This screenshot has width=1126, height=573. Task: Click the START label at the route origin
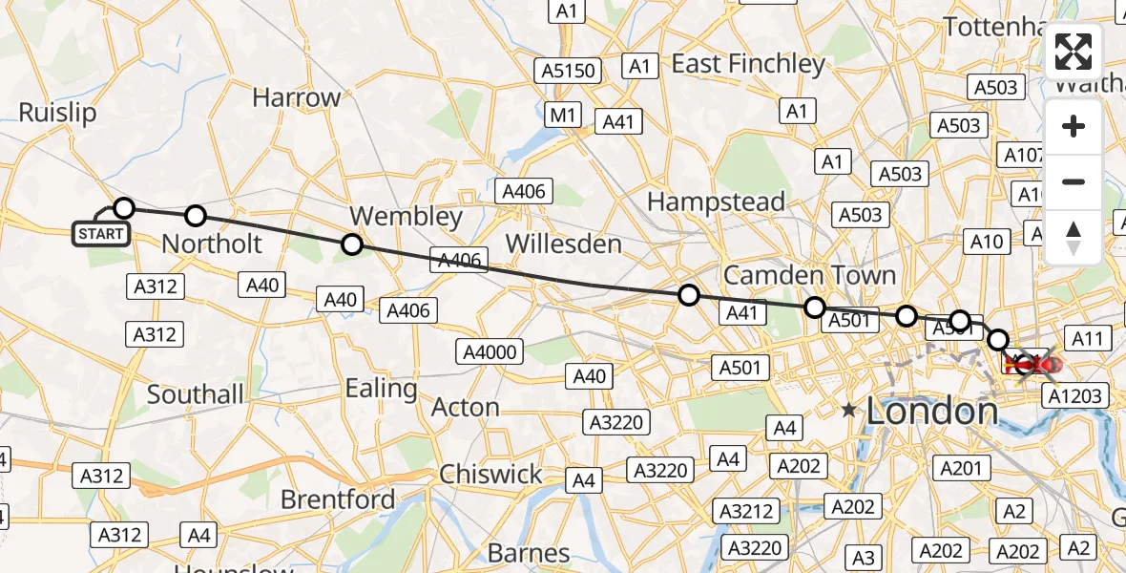click(101, 233)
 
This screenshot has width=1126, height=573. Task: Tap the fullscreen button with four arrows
click(1074, 53)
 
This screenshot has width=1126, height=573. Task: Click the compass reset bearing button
click(1074, 238)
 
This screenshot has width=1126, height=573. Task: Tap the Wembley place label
click(406, 216)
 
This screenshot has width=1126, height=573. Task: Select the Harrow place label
click(297, 97)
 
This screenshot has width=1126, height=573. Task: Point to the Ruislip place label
click(57, 113)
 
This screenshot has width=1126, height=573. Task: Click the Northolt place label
click(211, 244)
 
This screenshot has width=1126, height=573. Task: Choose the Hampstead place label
click(716, 202)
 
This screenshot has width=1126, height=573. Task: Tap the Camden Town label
click(809, 275)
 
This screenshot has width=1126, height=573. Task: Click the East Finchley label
click(748, 64)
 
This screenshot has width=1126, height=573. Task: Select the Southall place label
click(196, 393)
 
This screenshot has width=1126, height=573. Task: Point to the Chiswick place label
click(490, 475)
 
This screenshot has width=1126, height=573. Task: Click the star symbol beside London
click(848, 410)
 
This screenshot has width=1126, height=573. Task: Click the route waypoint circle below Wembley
click(352, 244)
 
